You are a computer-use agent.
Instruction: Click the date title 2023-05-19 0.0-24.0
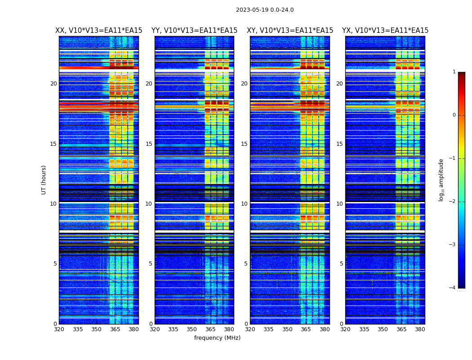point(265,10)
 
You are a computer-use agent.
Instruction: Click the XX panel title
point(99,31)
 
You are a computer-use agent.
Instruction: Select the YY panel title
point(194,31)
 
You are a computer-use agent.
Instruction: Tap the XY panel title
point(290,31)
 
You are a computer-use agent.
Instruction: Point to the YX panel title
point(385,31)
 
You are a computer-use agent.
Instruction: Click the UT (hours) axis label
point(44,180)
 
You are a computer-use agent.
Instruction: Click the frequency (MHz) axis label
point(217,338)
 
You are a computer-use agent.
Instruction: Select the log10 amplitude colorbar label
point(441,180)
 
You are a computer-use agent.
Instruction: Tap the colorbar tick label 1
point(454,72)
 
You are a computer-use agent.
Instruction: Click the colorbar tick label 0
point(454,115)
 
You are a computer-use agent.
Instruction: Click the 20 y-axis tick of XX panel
point(53,84)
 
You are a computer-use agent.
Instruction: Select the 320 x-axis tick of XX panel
point(59,329)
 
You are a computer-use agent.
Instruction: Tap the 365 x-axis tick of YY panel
point(210,329)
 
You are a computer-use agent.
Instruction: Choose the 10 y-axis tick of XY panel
point(244,204)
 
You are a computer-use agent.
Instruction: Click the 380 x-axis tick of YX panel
point(420,329)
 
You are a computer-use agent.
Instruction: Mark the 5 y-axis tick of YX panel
point(341,264)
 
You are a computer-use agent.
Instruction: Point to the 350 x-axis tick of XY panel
point(287,329)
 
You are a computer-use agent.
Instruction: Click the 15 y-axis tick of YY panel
point(149,144)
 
